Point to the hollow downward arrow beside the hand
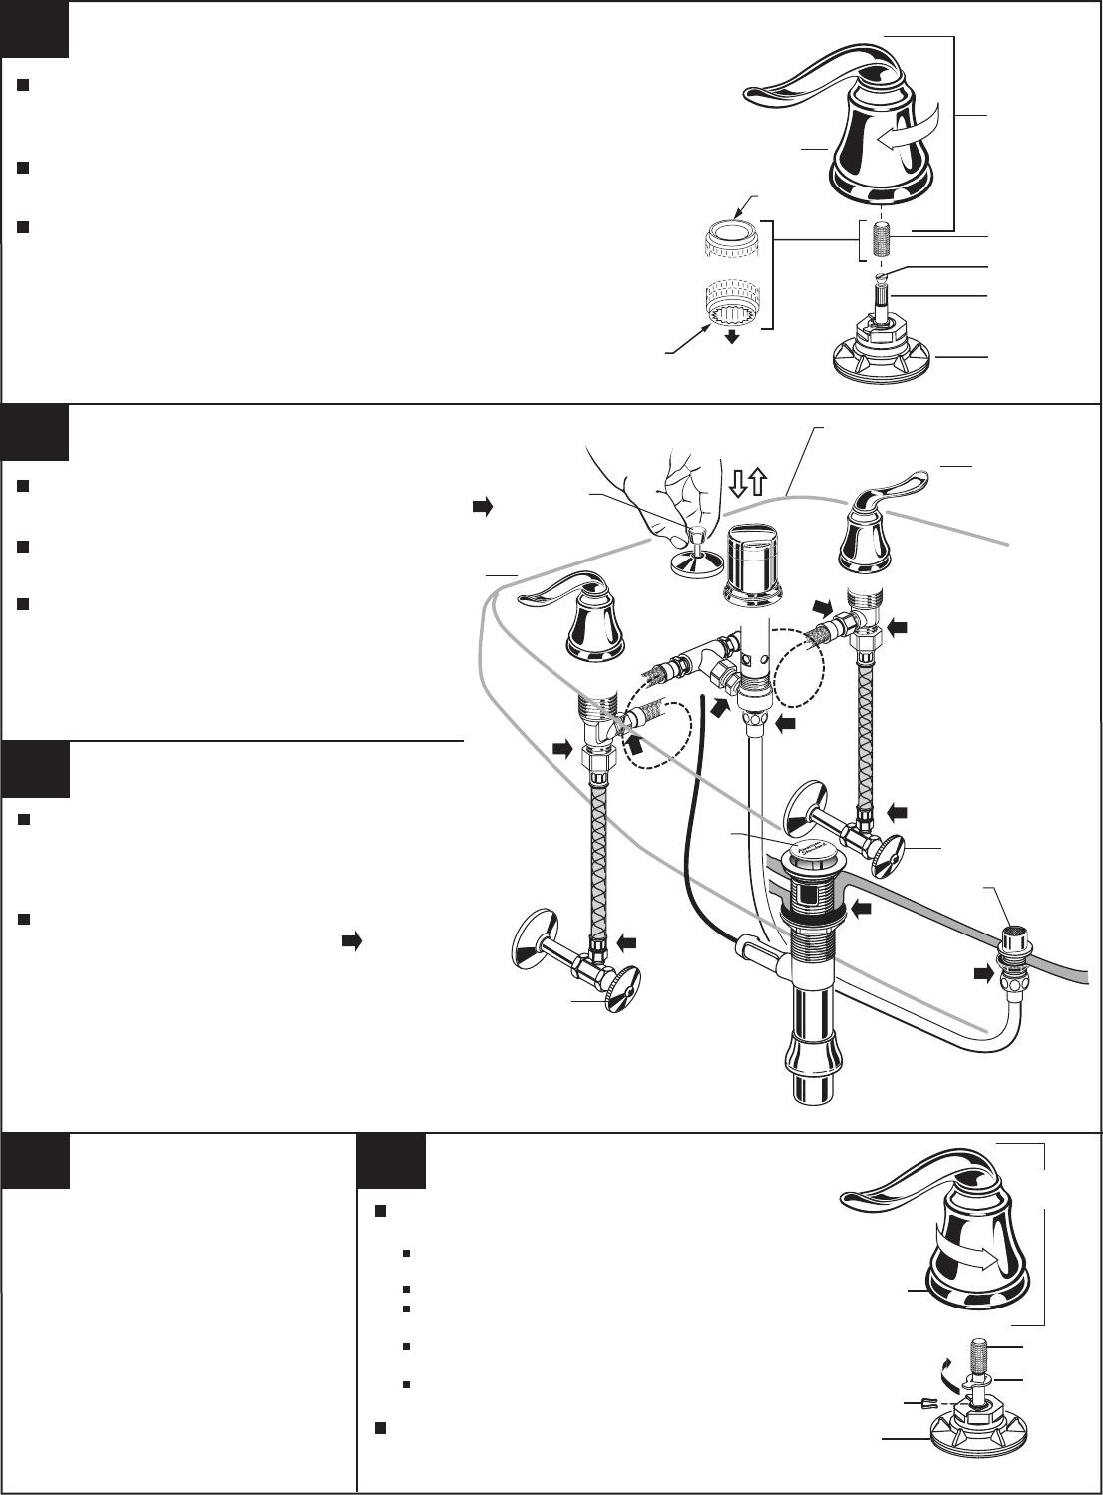[x=739, y=484]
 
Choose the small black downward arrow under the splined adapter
[x=732, y=338]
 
